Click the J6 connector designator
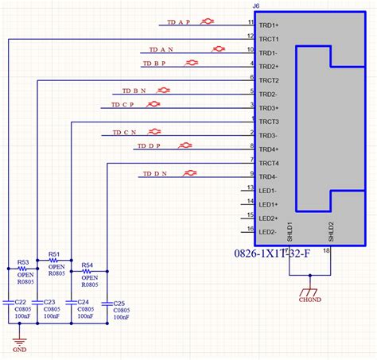(255, 6)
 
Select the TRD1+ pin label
(270, 25)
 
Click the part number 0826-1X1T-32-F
(290, 255)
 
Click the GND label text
(19, 348)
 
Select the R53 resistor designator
(23, 261)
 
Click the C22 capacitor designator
(21, 302)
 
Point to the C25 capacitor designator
(119, 304)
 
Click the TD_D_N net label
(155, 174)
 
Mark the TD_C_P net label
(122, 104)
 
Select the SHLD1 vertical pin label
(290, 230)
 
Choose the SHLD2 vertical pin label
(332, 230)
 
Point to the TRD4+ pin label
(270, 149)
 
